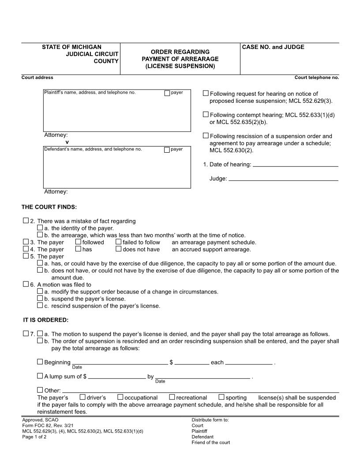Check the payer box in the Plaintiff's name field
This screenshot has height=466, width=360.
point(167,93)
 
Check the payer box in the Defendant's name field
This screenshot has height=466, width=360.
point(167,150)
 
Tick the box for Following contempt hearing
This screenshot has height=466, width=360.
point(206,114)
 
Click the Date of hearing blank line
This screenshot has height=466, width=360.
point(296,165)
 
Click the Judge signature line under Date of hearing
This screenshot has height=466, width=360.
point(284,179)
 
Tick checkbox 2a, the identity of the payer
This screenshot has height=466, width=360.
point(40,228)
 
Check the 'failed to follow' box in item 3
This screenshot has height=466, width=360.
point(118,242)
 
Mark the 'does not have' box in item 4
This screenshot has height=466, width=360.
point(118,249)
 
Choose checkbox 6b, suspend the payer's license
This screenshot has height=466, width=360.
point(40,298)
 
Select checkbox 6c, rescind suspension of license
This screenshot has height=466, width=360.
point(40,305)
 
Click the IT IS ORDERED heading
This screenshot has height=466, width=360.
point(46,320)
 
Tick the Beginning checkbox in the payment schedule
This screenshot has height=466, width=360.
point(40,362)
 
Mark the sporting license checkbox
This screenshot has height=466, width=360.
point(222,397)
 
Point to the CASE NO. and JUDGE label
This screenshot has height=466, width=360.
point(273,47)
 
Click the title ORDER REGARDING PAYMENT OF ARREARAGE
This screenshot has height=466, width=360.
point(180,59)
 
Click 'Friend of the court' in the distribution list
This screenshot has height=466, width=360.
point(210,443)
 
